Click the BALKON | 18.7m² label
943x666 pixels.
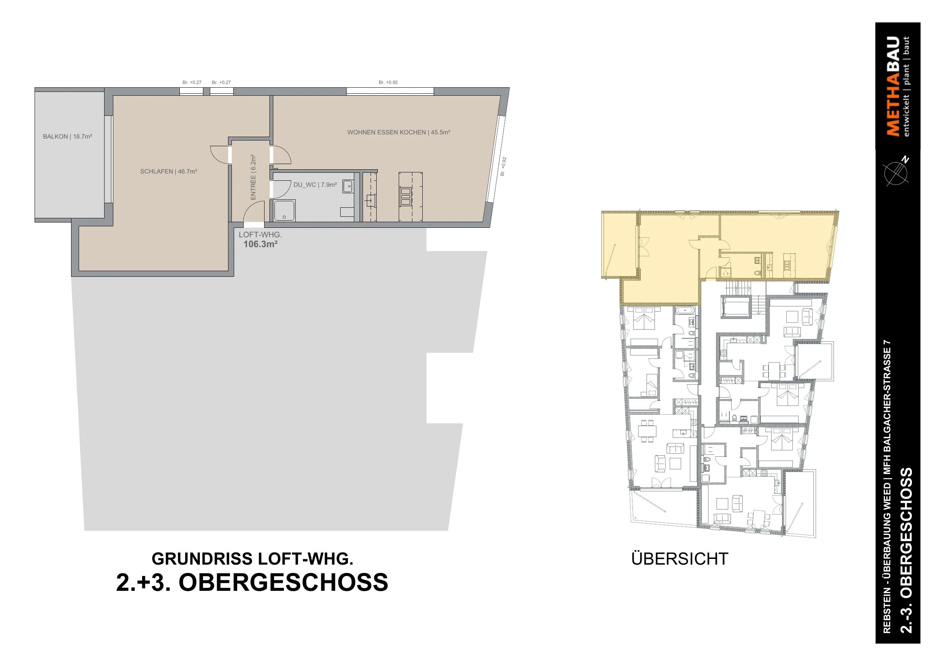(67, 137)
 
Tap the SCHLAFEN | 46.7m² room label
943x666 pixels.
(168, 172)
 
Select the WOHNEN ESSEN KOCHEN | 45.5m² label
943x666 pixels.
(399, 133)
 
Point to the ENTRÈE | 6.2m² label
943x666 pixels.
(253, 177)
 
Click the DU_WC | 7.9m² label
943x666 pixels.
(315, 185)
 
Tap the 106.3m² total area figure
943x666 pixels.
(260, 244)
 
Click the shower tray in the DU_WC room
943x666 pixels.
(284, 211)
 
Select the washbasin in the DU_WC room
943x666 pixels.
(348, 186)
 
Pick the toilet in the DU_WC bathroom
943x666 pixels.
(347, 212)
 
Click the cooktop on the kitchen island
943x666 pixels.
(406, 197)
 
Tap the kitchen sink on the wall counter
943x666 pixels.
(371, 200)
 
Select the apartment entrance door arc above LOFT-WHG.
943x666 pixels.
(254, 212)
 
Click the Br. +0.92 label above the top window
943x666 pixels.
(388, 82)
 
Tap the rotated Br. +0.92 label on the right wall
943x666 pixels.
(503, 167)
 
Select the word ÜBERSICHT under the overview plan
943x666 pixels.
(680, 559)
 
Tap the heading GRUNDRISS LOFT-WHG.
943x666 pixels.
(253, 559)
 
